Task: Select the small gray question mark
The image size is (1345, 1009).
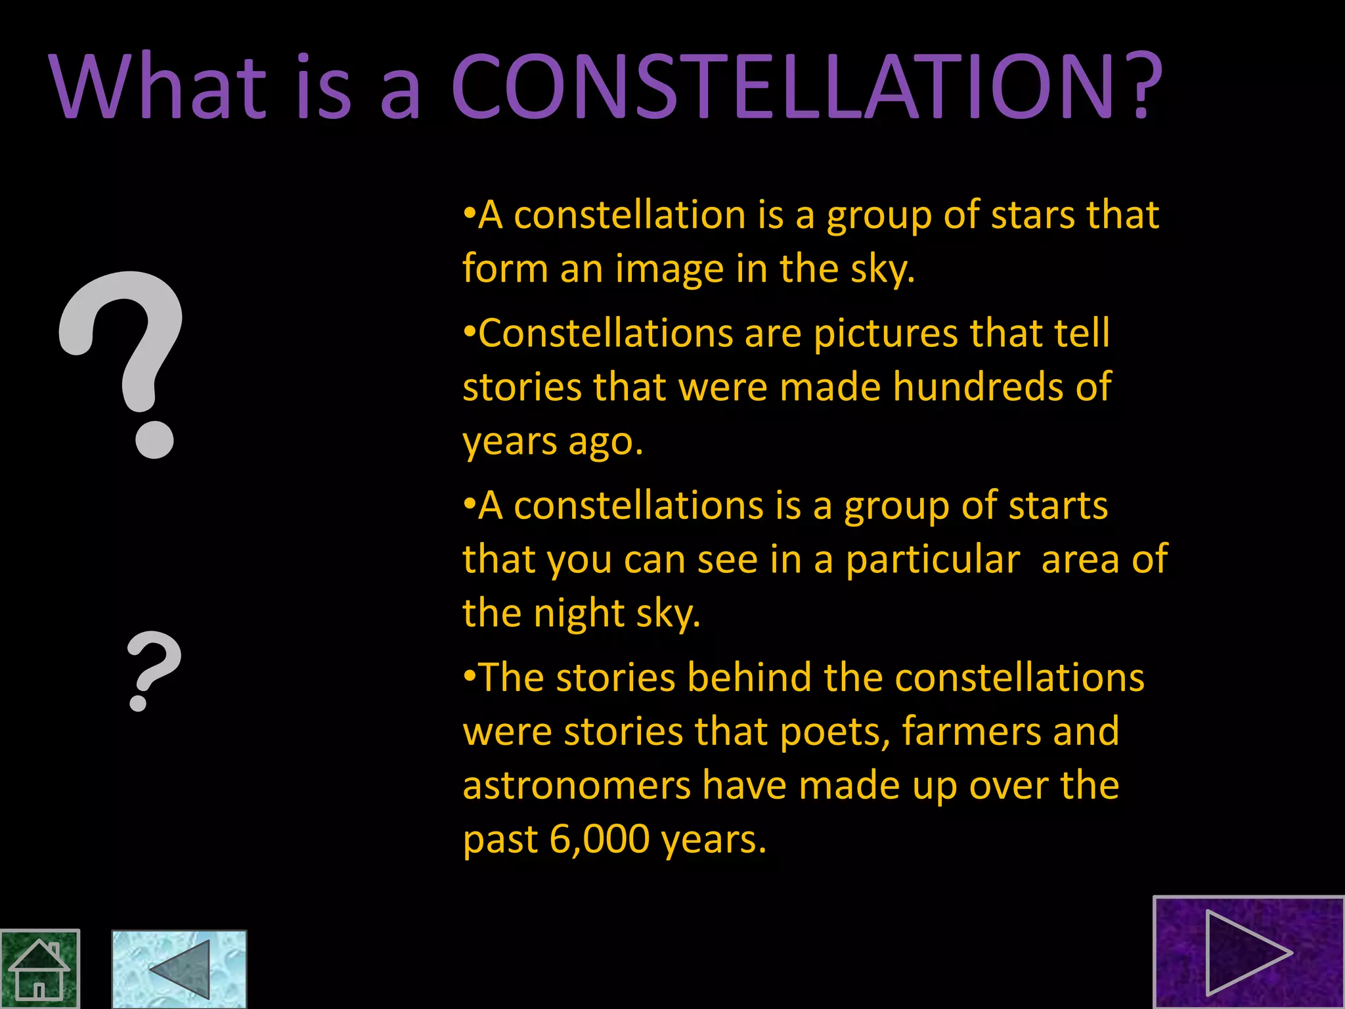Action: click(x=153, y=670)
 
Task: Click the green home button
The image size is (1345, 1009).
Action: click(x=39, y=970)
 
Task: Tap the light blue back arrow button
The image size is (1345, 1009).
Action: click(x=179, y=970)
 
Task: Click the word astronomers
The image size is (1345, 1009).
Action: click(x=577, y=786)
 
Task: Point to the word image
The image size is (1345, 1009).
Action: click(x=669, y=269)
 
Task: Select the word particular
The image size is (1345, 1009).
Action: click(x=933, y=560)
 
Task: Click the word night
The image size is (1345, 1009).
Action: click(x=579, y=614)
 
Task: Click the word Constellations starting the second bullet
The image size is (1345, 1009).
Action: click(x=605, y=334)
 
